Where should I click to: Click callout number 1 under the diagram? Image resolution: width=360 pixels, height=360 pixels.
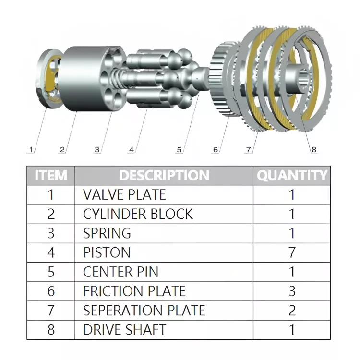coord(31,149)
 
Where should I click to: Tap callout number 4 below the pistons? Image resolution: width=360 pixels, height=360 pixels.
coord(132,149)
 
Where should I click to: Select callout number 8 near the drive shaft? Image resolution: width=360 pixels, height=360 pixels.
coord(314,149)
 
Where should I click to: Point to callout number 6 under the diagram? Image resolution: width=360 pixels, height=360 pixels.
coord(216,149)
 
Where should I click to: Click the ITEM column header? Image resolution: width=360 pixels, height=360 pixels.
coord(51,175)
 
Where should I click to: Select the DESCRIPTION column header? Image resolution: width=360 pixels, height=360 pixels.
coord(164,175)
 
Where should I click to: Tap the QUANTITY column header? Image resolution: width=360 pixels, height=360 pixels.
coord(292,175)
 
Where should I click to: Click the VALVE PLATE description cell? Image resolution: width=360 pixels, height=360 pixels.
coord(124,195)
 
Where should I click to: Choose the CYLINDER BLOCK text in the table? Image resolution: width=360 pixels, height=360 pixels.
coord(138,214)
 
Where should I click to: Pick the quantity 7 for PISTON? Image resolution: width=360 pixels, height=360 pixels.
coord(292,252)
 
